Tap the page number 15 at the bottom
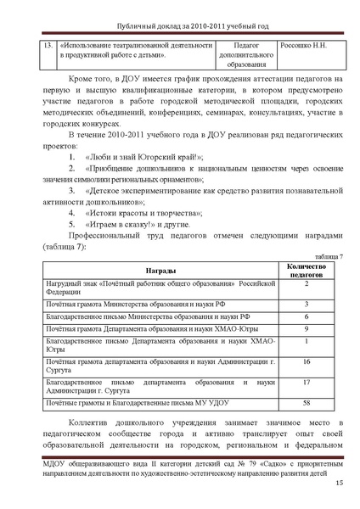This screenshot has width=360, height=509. pyautogui.click(x=339, y=484)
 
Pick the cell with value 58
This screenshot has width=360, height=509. pyautogui.click(x=306, y=404)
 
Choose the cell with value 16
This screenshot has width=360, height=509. pyautogui.click(x=306, y=362)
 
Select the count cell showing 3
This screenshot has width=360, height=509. pyautogui.click(x=306, y=304)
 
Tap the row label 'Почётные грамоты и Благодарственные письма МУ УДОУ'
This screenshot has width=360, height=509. pyautogui.click(x=139, y=404)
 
